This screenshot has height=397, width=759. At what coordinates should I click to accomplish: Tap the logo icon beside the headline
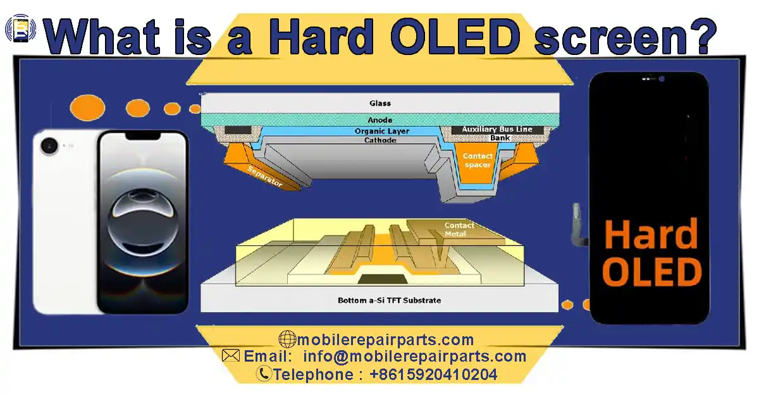click(21, 30)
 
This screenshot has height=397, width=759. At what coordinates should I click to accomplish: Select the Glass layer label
click(380, 103)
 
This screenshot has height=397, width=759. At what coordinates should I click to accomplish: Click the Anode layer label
click(380, 120)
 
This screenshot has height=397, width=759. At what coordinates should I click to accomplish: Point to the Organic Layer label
click(381, 131)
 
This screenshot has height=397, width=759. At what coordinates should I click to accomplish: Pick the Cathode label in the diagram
click(380, 140)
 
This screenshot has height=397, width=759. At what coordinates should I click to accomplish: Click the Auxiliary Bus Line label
click(497, 130)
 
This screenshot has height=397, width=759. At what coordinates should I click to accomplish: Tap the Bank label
click(500, 138)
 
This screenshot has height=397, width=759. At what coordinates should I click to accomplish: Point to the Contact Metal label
click(459, 229)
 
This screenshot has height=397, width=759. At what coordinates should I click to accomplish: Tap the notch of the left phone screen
click(142, 136)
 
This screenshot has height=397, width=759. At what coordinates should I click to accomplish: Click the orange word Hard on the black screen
click(651, 235)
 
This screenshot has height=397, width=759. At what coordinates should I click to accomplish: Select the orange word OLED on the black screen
click(652, 272)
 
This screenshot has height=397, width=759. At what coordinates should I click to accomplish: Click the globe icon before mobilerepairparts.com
click(287, 340)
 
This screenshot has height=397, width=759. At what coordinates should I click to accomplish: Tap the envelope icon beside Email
click(231, 356)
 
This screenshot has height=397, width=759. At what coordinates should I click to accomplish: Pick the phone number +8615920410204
click(433, 374)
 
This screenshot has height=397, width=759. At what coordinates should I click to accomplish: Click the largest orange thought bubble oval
click(87, 108)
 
